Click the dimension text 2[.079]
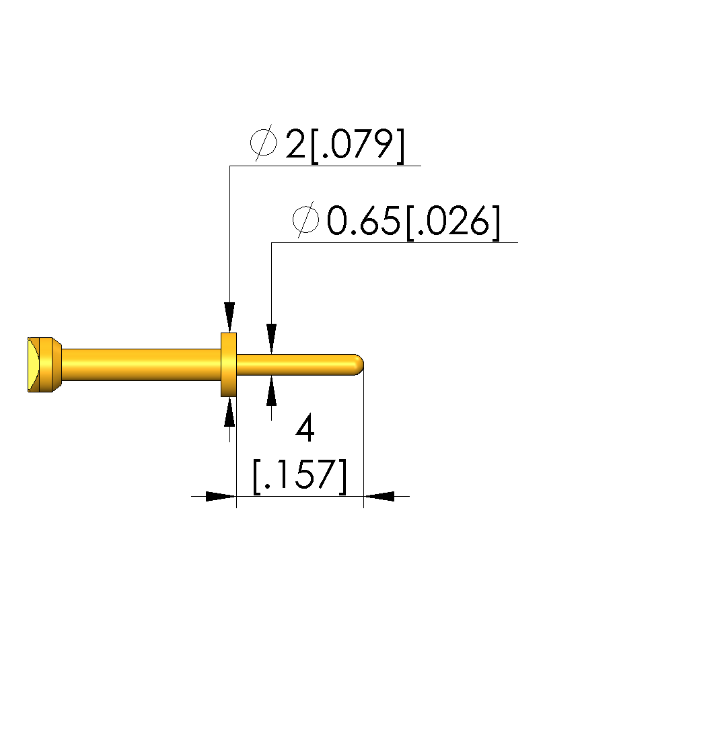[x=344, y=145]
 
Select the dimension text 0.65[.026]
[x=414, y=221]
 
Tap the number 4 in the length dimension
[x=305, y=429]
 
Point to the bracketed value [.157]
[x=299, y=476]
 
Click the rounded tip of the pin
[x=359, y=365]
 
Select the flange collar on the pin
[x=229, y=365]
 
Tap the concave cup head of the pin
[x=34, y=365]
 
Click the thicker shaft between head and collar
[x=141, y=365]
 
